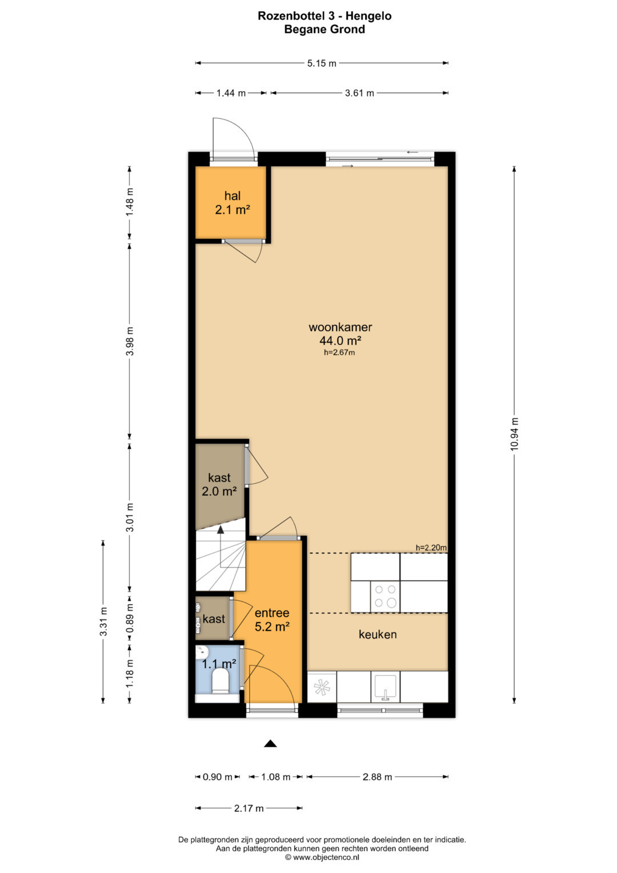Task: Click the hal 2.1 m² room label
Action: click(x=232, y=202)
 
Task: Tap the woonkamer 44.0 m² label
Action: click(x=340, y=334)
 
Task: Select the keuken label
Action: click(x=378, y=635)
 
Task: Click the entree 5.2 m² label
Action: click(x=272, y=620)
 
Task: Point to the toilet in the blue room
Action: click(x=220, y=681)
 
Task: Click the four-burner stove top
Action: click(x=385, y=596)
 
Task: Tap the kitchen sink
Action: click(x=385, y=687)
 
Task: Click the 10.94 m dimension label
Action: click(x=515, y=434)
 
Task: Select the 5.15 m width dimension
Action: click(x=321, y=63)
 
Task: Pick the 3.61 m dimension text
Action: click(x=359, y=93)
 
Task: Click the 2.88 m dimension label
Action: click(x=377, y=777)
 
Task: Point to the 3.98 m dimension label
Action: click(x=130, y=341)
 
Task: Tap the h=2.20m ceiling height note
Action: click(x=431, y=548)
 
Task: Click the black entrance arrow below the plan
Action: click(x=270, y=744)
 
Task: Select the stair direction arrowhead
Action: click(x=221, y=529)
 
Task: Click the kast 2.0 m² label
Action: click(x=219, y=484)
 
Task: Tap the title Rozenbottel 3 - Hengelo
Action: click(x=324, y=16)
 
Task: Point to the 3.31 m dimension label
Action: click(x=103, y=621)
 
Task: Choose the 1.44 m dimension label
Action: click(x=231, y=93)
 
